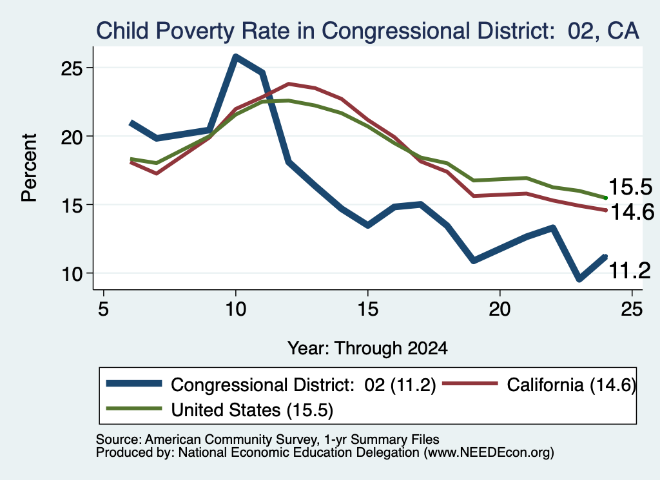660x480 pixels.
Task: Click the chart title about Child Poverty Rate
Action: click(367, 31)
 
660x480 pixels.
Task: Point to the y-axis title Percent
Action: click(29, 168)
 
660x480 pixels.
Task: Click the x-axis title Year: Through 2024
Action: click(367, 349)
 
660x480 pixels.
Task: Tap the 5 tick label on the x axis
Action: click(104, 309)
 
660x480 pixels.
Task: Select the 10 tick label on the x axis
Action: click(236, 309)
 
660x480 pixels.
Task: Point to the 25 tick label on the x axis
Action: click(632, 309)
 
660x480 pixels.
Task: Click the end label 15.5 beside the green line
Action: click(630, 186)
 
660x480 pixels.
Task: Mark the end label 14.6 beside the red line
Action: click(632, 211)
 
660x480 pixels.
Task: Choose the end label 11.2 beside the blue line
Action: click(630, 270)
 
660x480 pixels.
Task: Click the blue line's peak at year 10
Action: click(236, 57)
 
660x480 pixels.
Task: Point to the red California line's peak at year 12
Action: click(289, 84)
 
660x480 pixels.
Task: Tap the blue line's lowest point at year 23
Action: click(579, 278)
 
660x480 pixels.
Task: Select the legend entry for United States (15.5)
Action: click(219, 410)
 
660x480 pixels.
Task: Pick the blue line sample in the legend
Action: click(134, 383)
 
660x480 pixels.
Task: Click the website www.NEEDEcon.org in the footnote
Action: click(489, 452)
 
